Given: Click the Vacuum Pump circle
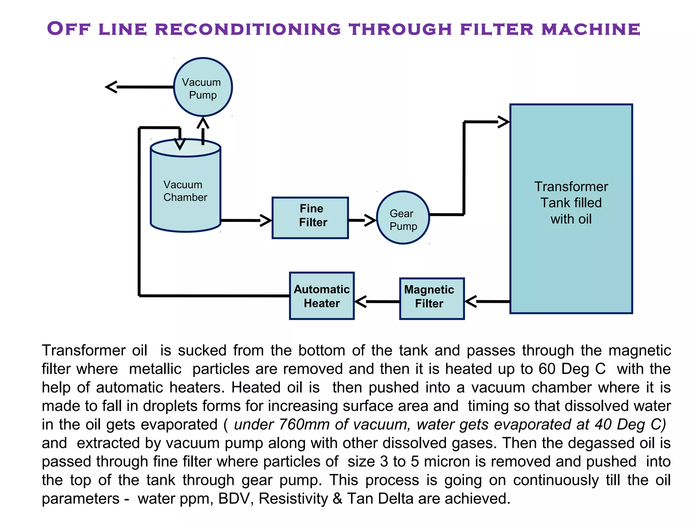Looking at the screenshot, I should (x=203, y=87).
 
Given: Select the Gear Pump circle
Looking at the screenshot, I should (x=403, y=217).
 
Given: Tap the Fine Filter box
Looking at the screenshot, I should (x=310, y=218).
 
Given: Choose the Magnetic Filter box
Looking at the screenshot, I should (x=432, y=299).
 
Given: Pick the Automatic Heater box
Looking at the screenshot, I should (x=321, y=296).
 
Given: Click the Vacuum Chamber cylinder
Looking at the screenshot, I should (x=186, y=190).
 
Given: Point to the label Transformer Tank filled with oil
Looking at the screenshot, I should (x=571, y=203).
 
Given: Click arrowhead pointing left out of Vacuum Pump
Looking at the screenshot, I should (x=111, y=87).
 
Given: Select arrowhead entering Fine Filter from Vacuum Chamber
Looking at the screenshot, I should (x=266, y=220).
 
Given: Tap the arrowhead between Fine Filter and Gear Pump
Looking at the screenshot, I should (x=370, y=220).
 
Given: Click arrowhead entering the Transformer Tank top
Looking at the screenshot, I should (x=504, y=122).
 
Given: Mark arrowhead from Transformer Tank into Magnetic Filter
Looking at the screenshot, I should (x=471, y=301).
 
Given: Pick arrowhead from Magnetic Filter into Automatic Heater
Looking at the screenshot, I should (x=361, y=301).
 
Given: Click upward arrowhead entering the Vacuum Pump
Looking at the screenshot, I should (x=203, y=122).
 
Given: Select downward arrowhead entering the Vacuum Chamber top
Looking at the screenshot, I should (x=180, y=144).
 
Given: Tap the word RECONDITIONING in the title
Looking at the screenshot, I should (x=248, y=29).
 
